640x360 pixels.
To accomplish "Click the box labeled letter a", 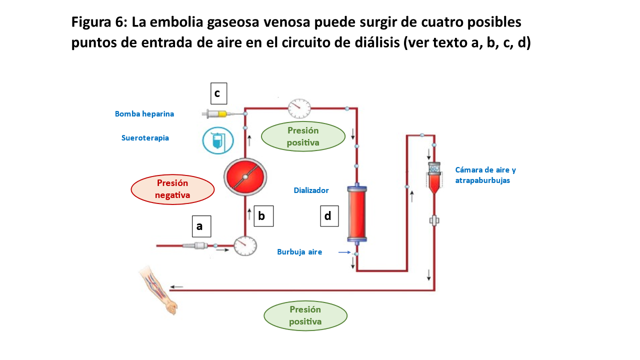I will coord(201,226).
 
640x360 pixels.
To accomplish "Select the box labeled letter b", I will coord(263,216).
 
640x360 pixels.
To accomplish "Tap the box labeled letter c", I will coord(218,93).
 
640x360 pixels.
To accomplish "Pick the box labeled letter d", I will coord(329,216).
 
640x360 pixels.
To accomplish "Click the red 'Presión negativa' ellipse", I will coord(172,189).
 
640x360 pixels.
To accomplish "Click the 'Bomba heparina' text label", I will coord(144,114).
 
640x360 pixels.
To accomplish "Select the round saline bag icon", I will coord(218,140).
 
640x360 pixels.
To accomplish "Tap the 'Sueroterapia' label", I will coord(145,138).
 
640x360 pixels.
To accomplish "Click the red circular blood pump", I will coord(245,177).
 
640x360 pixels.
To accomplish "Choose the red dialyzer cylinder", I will coord(357,214).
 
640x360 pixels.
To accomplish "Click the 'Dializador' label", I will coord(311,190).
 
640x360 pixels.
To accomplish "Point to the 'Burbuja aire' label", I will coord(299,252).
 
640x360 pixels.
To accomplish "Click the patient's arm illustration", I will coord(159,290).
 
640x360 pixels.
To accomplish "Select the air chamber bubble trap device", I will coord(433,178).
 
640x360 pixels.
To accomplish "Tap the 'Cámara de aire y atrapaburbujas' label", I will coord(485,175).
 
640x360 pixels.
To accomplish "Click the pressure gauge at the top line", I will coord(299,108).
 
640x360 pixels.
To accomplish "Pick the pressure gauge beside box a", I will coord(245,245).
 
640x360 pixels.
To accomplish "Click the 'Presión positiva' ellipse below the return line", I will coord(305,315).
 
